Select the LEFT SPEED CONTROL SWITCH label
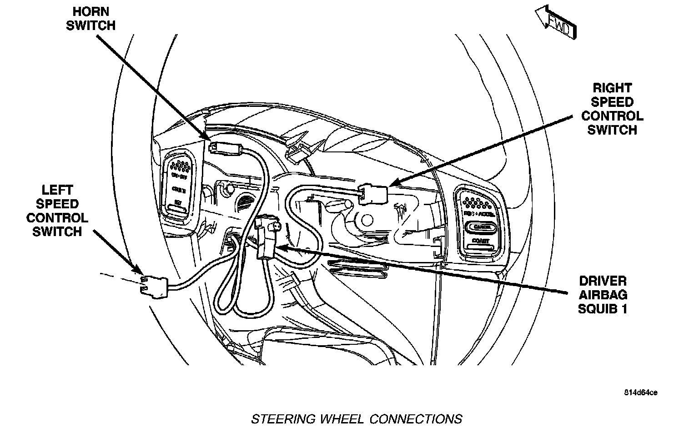click(57, 211)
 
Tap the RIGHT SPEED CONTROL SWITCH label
click(612, 109)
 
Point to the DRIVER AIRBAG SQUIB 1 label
click(602, 295)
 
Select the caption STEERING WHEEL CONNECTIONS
click(357, 418)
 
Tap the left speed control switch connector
click(154, 285)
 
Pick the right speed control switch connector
click(373, 194)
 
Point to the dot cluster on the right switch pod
click(477, 198)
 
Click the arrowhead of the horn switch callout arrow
click(205, 136)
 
